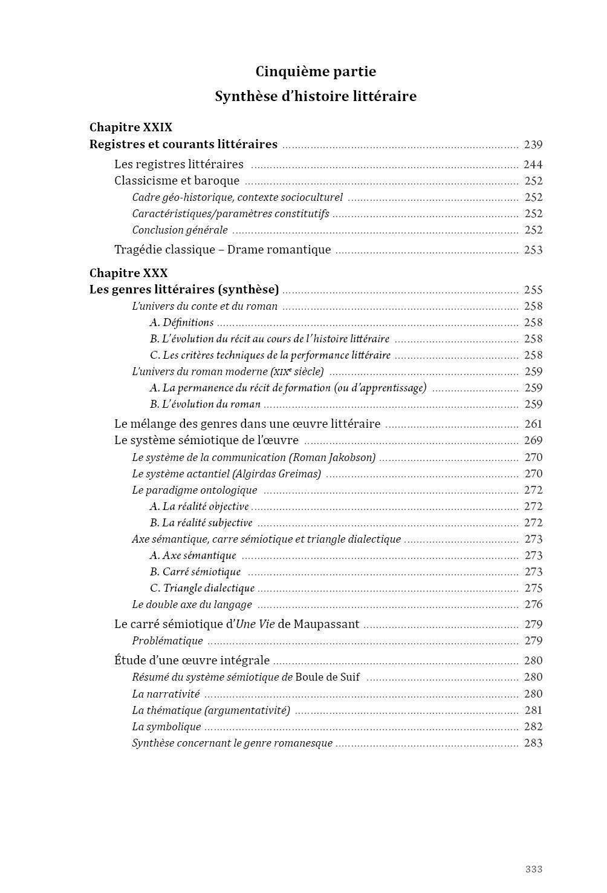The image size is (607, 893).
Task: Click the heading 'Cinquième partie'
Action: [x=316, y=71]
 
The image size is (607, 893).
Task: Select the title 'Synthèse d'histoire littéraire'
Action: [x=316, y=96]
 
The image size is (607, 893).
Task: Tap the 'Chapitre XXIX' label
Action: [x=131, y=127]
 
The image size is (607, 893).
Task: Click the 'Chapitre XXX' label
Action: [x=128, y=273]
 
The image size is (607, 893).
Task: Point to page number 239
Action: [x=533, y=145]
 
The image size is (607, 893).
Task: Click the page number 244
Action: [x=533, y=165]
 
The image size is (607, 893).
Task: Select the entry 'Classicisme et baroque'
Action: [x=177, y=181]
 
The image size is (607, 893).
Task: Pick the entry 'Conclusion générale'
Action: [x=180, y=230]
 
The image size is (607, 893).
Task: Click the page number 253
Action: [x=533, y=250]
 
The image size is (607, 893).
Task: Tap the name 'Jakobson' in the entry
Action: [x=351, y=457]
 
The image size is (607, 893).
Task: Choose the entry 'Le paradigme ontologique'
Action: [x=194, y=490]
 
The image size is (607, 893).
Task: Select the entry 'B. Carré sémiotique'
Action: [x=195, y=572]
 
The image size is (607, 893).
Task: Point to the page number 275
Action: [x=533, y=588]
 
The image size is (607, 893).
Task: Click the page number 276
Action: [x=533, y=604]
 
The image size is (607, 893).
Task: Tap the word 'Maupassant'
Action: [x=326, y=624]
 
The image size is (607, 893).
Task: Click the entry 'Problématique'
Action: [x=167, y=641]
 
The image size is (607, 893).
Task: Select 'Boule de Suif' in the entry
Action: [x=327, y=677]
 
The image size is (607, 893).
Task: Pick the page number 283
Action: [x=533, y=743]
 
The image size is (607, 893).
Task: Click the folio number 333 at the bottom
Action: [x=533, y=869]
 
